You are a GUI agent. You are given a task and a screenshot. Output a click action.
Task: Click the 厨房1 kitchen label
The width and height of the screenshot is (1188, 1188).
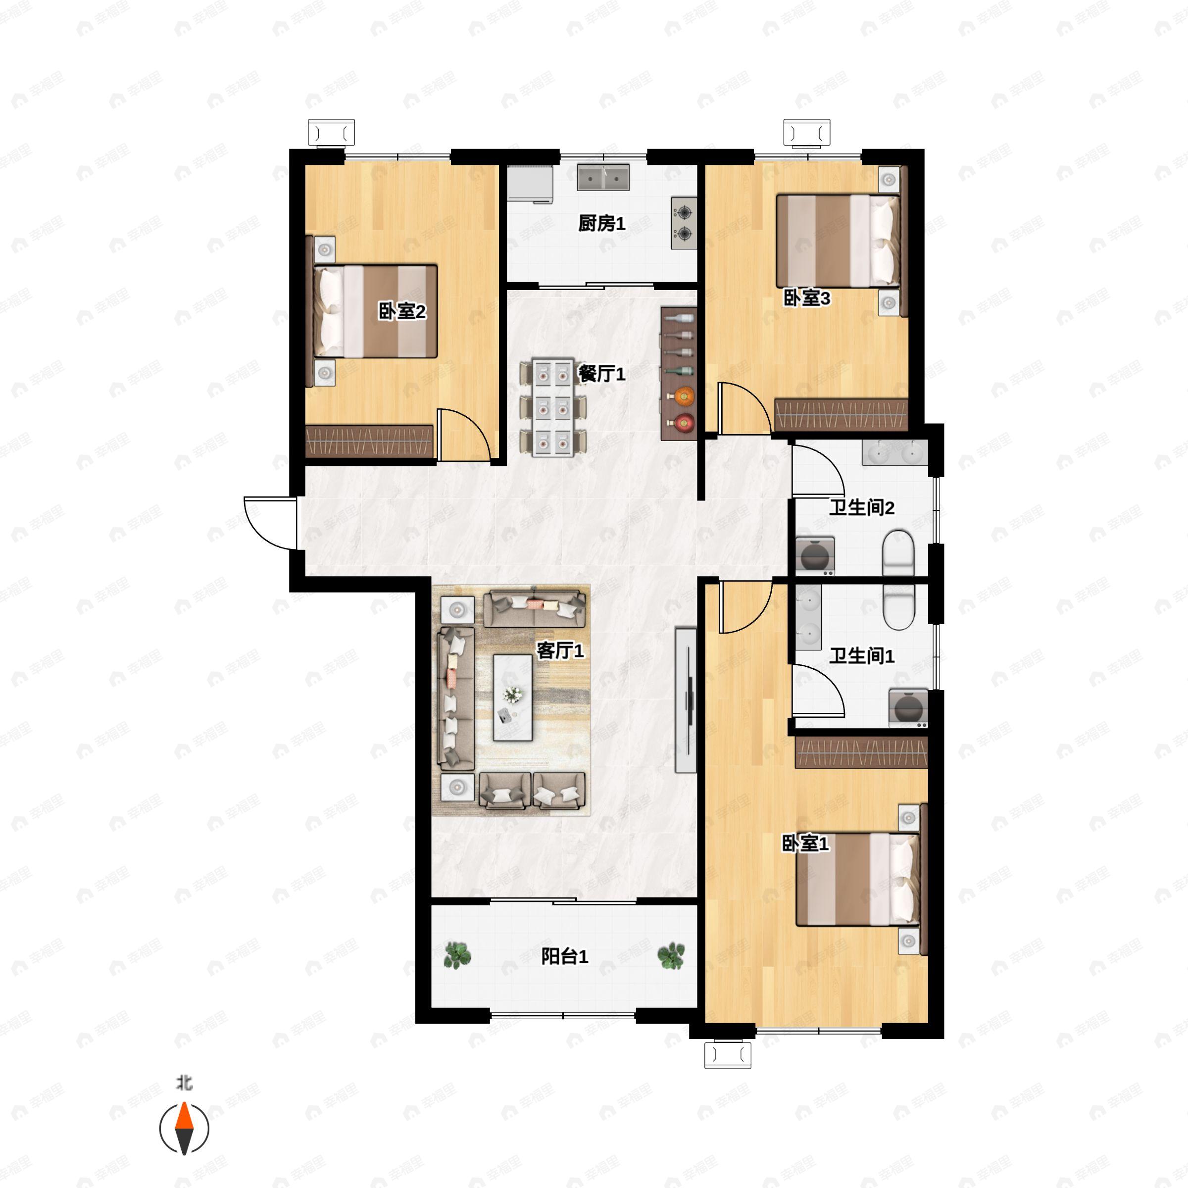601,223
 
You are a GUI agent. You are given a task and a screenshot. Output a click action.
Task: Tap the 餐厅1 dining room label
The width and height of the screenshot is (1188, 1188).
601,373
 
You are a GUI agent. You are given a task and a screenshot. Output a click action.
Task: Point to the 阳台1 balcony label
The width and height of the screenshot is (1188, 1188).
564,956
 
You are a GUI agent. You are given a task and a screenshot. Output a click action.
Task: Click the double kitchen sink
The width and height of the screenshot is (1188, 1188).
603,177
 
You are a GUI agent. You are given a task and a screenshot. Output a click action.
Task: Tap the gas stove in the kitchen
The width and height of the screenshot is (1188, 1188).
684,223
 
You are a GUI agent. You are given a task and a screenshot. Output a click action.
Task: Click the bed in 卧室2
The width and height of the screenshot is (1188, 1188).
375,311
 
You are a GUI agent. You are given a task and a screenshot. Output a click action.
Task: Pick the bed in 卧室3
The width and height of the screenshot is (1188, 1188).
838,241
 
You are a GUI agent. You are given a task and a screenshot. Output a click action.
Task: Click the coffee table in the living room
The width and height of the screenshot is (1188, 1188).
513,697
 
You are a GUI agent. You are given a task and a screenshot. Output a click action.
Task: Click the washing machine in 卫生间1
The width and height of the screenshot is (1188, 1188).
908,709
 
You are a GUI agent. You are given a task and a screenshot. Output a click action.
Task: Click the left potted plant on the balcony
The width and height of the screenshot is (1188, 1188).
457,955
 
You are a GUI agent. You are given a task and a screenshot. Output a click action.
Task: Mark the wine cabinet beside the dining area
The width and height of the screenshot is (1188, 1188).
679,373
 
